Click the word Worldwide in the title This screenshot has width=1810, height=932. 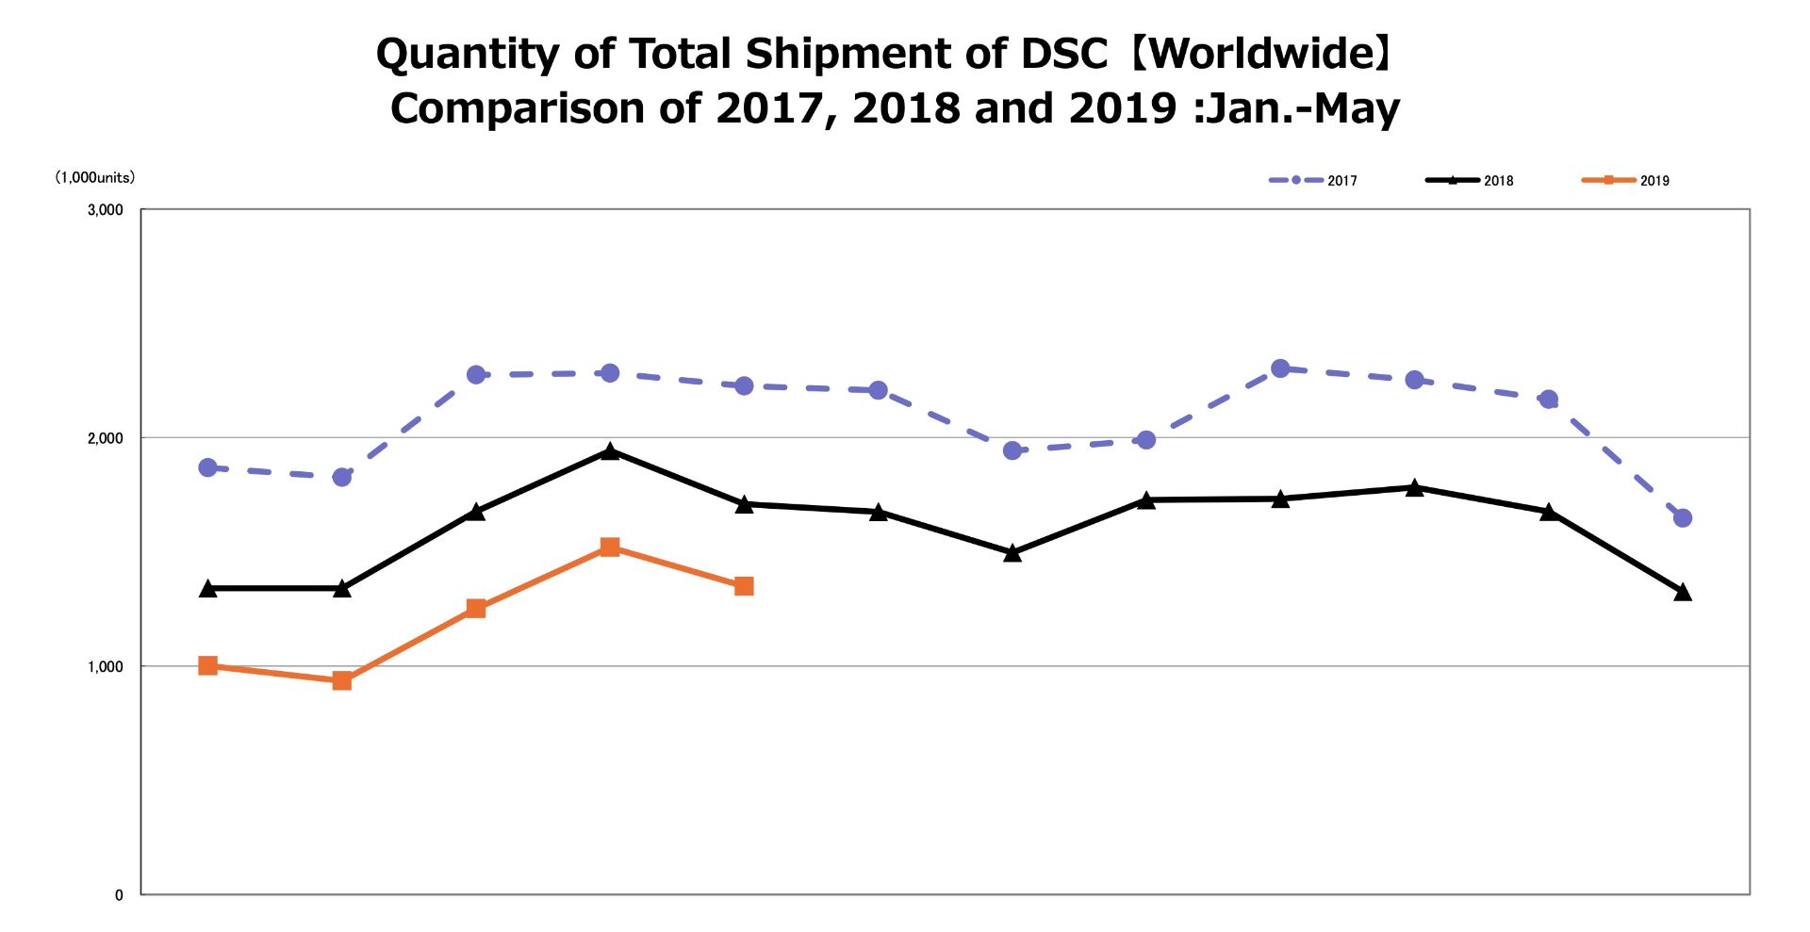point(1264,54)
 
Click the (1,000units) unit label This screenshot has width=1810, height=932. point(94,177)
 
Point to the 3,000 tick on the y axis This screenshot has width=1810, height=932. point(106,209)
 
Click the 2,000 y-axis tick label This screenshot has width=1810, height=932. point(106,438)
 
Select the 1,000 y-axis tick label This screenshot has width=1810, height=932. point(106,666)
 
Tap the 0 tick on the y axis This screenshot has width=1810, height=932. point(119,895)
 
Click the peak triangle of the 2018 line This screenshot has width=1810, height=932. point(610,451)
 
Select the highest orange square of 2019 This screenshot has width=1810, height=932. point(610,548)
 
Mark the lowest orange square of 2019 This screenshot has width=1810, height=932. point(342,680)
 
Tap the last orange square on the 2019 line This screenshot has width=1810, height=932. point(744,586)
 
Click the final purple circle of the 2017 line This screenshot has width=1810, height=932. point(1683,517)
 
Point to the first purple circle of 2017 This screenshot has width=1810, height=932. point(208,467)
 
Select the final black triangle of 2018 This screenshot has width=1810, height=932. point(1683,592)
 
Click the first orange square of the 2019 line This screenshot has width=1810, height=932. point(208,665)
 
